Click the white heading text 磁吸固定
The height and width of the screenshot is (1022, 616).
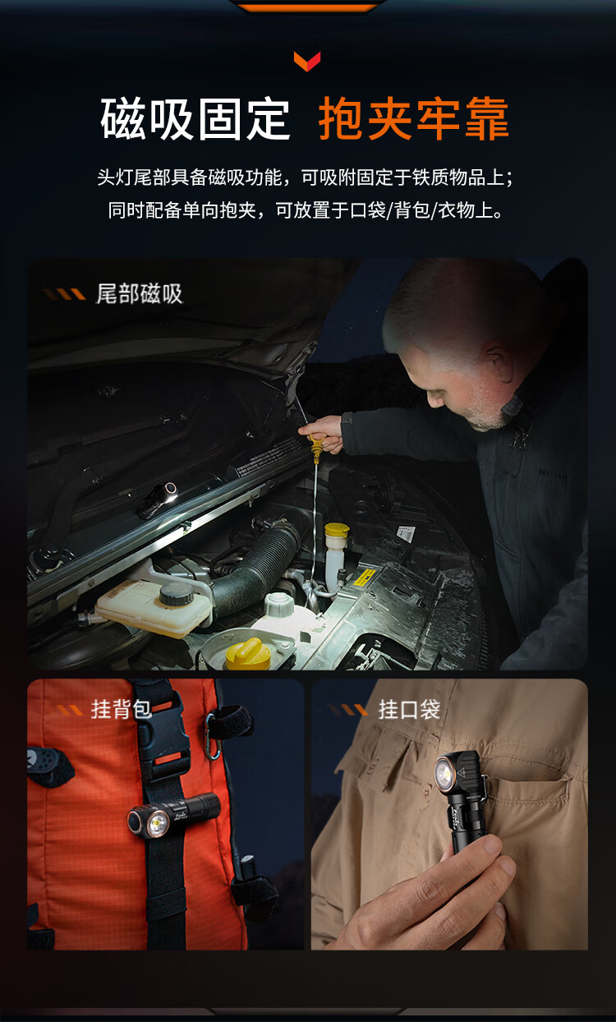coord(195,120)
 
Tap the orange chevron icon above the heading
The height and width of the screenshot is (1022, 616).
coord(307,61)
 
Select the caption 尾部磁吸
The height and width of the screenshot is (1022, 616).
coord(139,293)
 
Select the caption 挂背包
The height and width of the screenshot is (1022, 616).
coord(121,710)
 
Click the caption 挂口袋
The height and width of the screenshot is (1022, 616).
coord(409,710)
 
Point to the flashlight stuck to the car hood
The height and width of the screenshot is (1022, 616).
coord(158,499)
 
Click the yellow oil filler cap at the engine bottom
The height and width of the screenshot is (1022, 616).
coord(245,654)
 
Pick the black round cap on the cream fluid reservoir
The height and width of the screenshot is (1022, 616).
coord(177,594)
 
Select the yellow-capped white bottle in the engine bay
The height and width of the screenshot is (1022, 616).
coord(336,553)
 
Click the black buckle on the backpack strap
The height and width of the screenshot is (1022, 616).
coord(163,731)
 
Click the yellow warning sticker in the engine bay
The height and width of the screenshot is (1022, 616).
coord(365,578)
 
